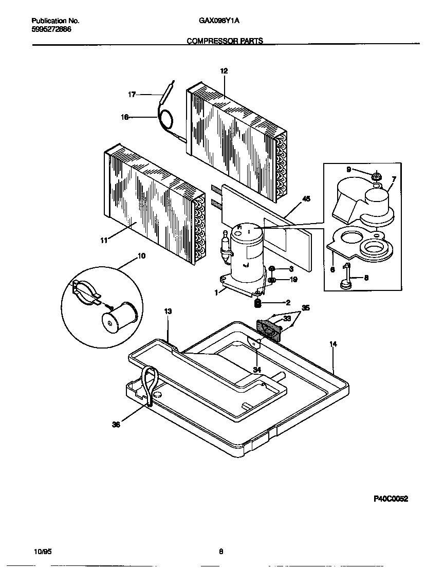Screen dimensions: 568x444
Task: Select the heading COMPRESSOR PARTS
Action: tap(225, 41)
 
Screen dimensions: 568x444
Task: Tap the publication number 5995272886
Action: tap(51, 29)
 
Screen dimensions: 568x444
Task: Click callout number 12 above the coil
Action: tap(224, 71)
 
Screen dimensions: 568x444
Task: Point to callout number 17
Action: tap(132, 94)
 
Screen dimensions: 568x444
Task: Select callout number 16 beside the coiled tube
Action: tap(124, 117)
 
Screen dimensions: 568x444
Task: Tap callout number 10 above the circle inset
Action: tap(141, 255)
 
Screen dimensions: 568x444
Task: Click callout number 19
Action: tap(293, 280)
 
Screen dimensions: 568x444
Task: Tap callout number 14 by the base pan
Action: tap(333, 344)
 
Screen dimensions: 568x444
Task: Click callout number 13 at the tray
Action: tap(168, 312)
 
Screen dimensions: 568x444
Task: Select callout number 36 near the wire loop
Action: tap(116, 425)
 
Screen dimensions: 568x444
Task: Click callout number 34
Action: tap(257, 370)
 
